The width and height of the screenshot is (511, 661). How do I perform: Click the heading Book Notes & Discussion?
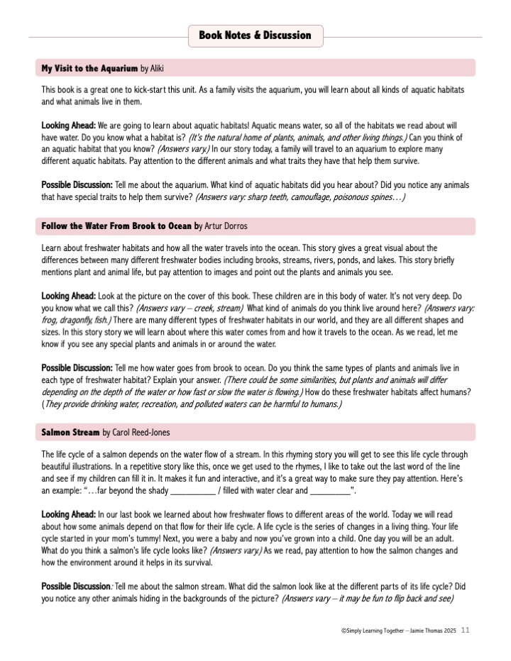[x=255, y=35]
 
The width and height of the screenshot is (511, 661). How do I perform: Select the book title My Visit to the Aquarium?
[x=89, y=69]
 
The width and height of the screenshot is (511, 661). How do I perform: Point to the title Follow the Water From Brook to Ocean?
[x=116, y=227]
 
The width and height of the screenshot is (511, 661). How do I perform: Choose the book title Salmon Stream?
[x=70, y=432]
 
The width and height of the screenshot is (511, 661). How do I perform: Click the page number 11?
[x=465, y=630]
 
